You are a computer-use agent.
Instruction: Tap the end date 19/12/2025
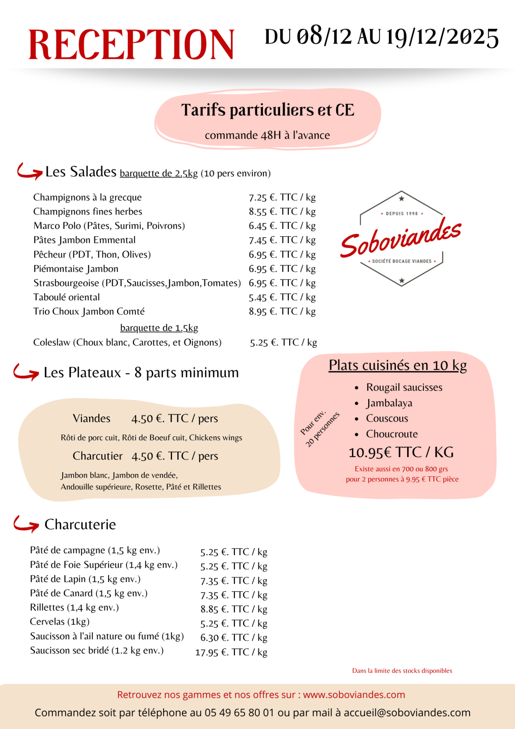coord(442,37)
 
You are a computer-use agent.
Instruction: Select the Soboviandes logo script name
coord(401,238)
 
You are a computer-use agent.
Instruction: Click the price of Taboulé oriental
coord(282,297)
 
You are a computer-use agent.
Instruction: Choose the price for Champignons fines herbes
coord(282,211)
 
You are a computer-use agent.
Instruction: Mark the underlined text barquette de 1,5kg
coord(159,328)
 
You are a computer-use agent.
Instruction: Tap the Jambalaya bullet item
coord(389,403)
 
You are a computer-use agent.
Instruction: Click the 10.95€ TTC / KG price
coord(401,452)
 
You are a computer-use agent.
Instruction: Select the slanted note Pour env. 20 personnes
coord(319,429)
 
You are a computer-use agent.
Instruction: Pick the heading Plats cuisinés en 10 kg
coord(398,365)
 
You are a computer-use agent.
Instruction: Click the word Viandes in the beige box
coord(91,418)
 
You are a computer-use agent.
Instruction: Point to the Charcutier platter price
coord(175,456)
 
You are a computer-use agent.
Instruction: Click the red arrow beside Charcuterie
coord(26,524)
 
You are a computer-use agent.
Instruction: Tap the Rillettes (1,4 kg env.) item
coord(74,607)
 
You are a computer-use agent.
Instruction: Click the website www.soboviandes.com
coord(354,695)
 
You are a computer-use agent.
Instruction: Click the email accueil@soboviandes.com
coord(407,713)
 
